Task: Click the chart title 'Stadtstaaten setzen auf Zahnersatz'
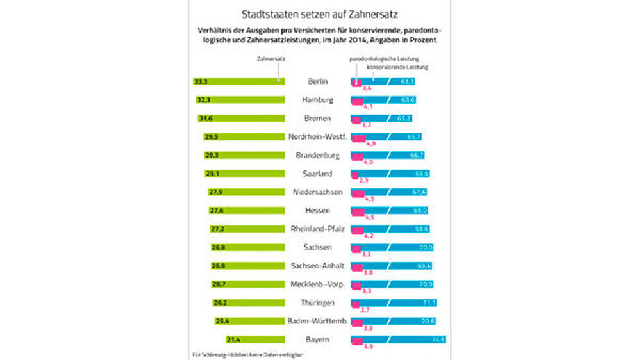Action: coord(319,13)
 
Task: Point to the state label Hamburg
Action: coord(317,100)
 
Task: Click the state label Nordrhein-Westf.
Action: coord(317,136)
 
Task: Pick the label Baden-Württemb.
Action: coord(317,320)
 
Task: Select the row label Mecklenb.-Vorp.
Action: coord(317,284)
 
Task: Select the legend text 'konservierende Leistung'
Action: coord(397,67)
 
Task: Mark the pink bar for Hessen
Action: coord(358,210)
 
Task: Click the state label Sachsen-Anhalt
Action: coord(317,265)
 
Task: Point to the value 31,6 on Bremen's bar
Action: coord(206,119)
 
